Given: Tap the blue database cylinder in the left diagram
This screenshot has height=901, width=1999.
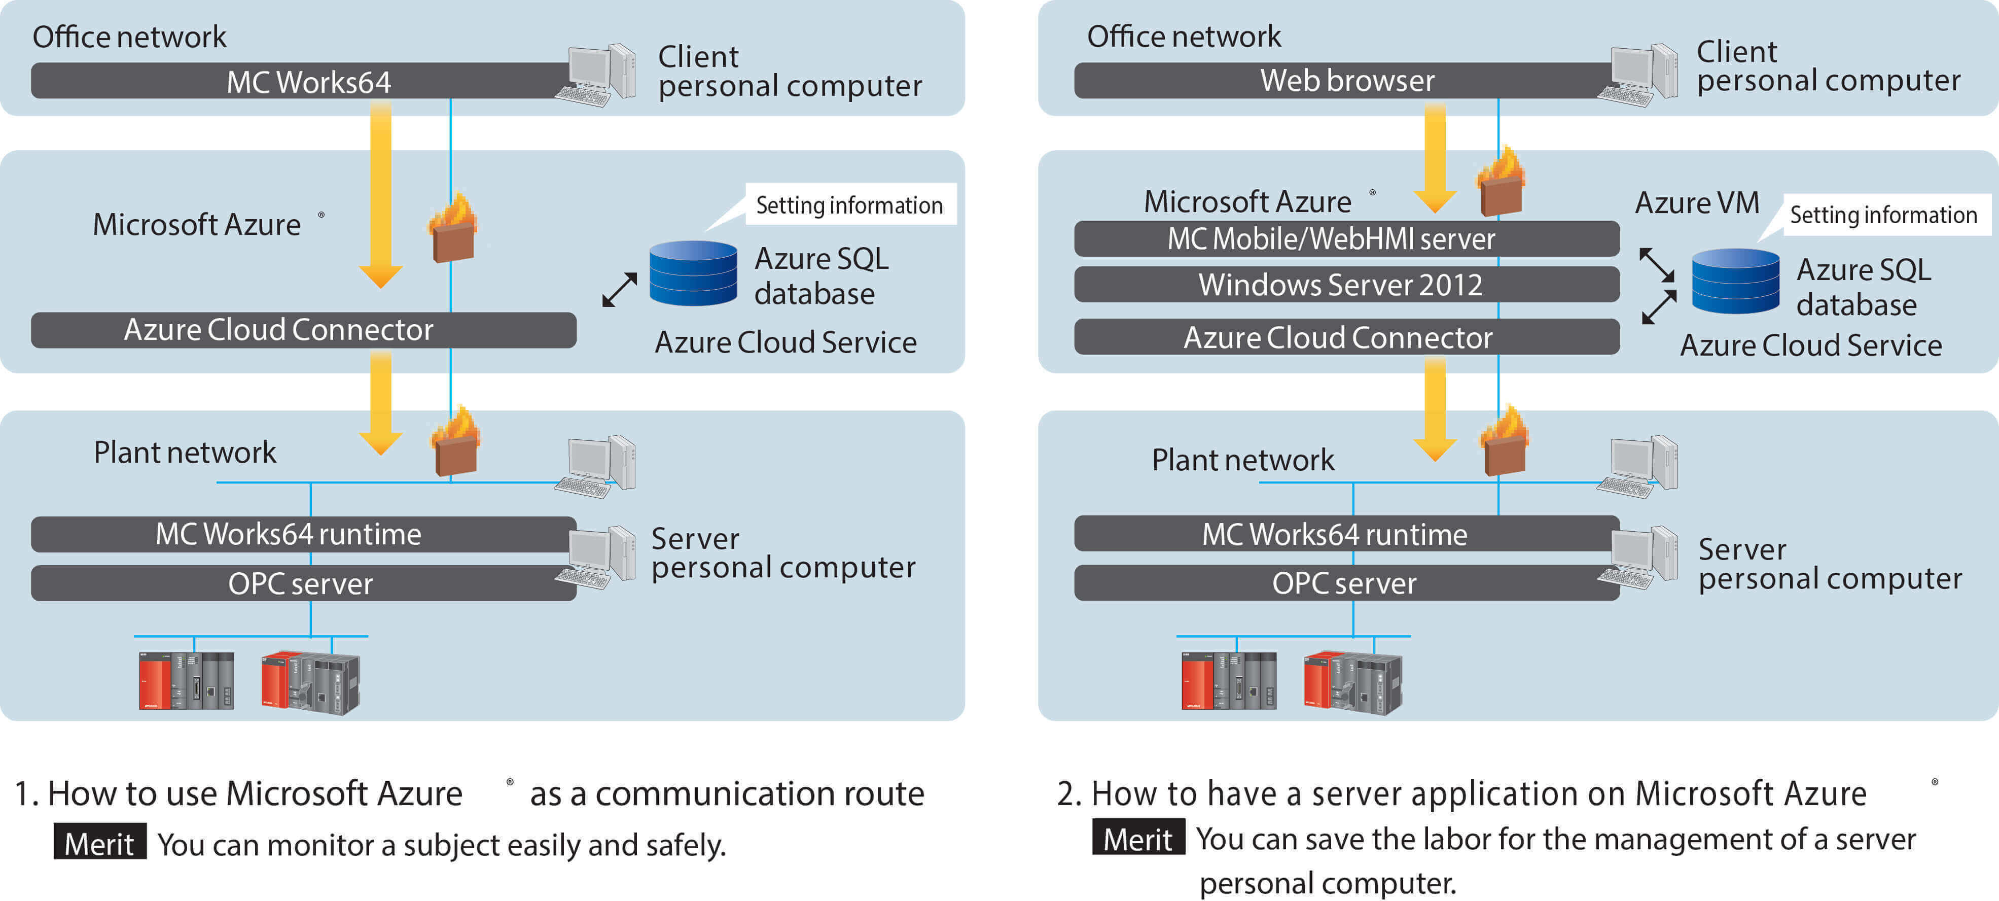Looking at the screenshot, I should [693, 272].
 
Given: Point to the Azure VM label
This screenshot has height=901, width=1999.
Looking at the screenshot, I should [1697, 202].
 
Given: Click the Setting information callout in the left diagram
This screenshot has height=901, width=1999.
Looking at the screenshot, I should [850, 205].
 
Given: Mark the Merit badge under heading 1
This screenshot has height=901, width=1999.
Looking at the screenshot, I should [99, 843].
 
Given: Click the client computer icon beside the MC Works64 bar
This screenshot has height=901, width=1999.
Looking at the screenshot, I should [596, 75].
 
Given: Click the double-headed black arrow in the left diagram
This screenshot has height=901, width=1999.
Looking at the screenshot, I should [619, 290].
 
